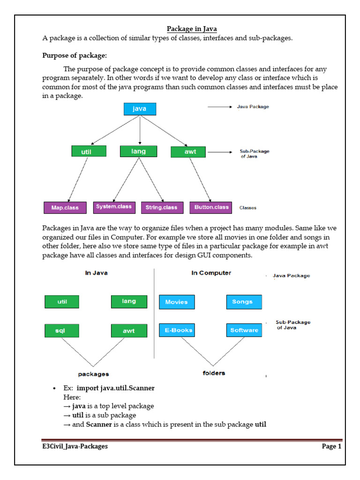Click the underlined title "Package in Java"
tap(192, 29)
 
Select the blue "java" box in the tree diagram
tap(140, 109)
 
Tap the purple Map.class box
tap(65, 208)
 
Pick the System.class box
tap(114, 207)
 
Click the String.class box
tap(162, 208)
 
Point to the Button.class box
tap(211, 207)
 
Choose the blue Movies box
tap(177, 302)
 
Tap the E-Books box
tap(177, 330)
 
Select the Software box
tap(244, 330)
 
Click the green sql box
tap(61, 330)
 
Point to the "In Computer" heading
tap(211, 273)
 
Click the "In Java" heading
tap(96, 273)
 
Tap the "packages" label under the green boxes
tap(93, 374)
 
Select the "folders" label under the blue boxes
tap(214, 373)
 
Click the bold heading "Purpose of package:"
tap(75, 55)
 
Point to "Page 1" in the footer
tap(331, 446)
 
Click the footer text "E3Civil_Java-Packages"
tap(75, 446)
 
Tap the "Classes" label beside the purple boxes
tap(248, 208)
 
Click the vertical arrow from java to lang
tap(140, 130)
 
